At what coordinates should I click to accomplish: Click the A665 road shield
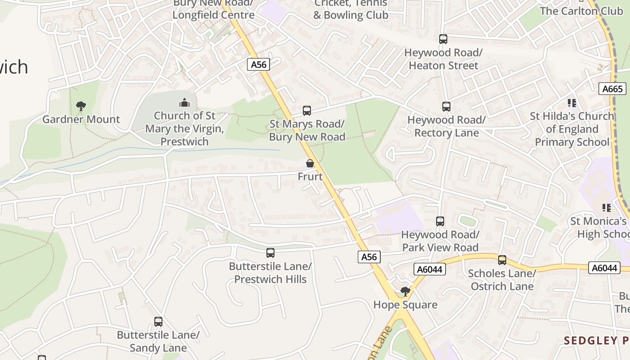[x=612, y=89]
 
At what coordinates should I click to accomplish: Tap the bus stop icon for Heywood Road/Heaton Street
[x=443, y=39]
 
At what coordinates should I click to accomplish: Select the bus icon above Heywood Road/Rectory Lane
[x=446, y=107]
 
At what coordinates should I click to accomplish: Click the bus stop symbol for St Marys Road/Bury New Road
[x=307, y=110]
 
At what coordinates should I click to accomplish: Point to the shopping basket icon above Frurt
[x=310, y=163]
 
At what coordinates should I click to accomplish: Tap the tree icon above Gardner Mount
[x=81, y=106]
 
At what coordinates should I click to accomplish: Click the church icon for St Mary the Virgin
[x=184, y=103]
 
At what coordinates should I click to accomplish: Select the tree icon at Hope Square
[x=405, y=291]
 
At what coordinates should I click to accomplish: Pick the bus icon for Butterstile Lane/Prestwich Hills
[x=270, y=253]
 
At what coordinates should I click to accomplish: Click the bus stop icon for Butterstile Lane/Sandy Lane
[x=158, y=322]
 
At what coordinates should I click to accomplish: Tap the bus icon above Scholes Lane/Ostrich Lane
[x=502, y=260]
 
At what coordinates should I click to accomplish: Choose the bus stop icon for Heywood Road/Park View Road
[x=440, y=221]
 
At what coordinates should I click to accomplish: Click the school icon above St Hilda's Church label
[x=572, y=103]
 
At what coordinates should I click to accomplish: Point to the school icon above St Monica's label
[x=607, y=208]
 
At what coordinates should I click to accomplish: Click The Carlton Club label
[x=581, y=11]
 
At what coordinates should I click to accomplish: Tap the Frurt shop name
[x=310, y=176]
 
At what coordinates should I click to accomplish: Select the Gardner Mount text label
[x=81, y=119]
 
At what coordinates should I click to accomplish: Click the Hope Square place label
[x=405, y=305]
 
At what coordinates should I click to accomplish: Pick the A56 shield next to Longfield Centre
[x=258, y=64]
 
